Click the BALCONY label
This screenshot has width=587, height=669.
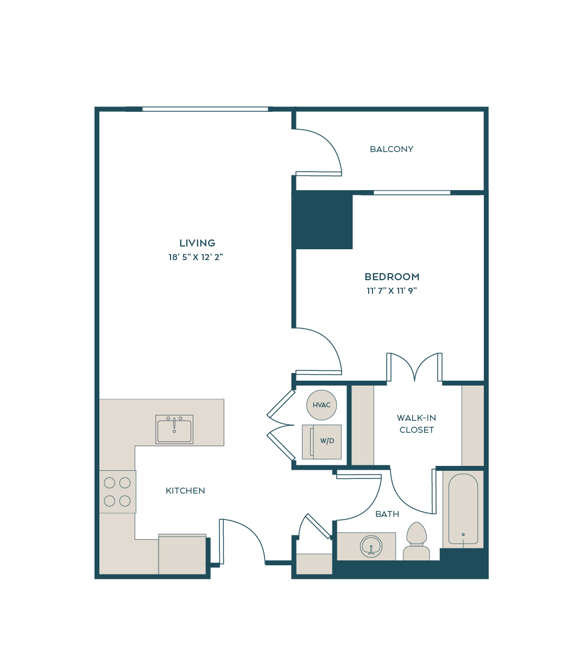391,149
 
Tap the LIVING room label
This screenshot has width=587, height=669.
198,243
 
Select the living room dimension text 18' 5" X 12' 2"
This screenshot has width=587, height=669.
196,257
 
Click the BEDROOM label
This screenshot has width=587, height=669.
392,277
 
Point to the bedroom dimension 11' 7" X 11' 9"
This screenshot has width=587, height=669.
392,291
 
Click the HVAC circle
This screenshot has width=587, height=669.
321,405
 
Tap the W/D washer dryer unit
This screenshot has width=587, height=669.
321,442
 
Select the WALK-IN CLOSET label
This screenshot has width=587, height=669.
416,424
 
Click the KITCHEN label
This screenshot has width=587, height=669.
185,491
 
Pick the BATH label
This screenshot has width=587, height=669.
387,514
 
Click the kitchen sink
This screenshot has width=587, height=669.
174,430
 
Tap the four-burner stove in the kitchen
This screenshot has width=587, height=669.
117,491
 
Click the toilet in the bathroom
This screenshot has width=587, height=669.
416,541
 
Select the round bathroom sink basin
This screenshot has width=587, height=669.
371,546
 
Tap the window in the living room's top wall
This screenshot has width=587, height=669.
205,109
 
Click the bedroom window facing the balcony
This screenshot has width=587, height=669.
412,193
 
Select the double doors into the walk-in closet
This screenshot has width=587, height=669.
414,367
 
